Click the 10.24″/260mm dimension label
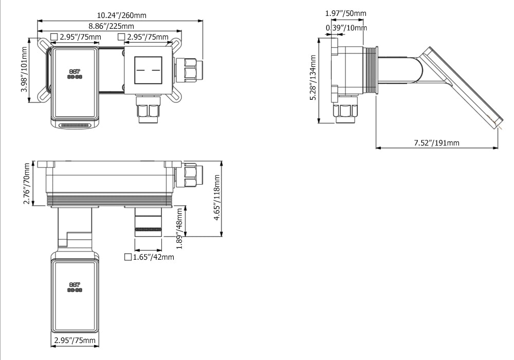coord(122,15)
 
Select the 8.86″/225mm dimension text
coord(111,26)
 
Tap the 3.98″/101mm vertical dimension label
coord(24,69)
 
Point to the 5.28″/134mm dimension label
coord(313,77)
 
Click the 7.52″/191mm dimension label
coord(436,143)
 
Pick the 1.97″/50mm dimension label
coord(345,13)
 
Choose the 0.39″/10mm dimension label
coord(346,28)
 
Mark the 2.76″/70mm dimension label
coord(27,184)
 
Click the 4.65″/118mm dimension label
coord(217,197)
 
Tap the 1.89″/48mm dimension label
coord(179,228)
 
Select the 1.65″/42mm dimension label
coord(153,257)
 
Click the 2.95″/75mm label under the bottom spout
coord(75,340)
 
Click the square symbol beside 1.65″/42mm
coord(128,257)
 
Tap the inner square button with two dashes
coord(148,70)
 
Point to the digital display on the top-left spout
coord(75,74)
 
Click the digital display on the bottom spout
coord(75,287)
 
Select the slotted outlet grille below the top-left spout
coord(75,125)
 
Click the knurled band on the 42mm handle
coord(148,229)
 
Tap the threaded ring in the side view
coord(371,70)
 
